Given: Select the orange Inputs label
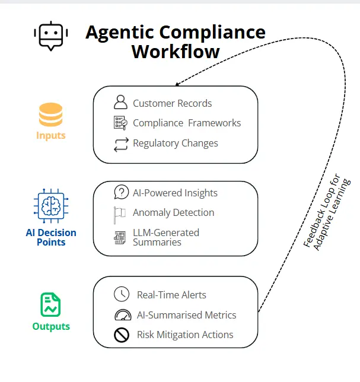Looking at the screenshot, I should point(51,136).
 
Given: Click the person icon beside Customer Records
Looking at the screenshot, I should point(120,103).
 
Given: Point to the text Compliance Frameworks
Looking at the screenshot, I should point(187,123).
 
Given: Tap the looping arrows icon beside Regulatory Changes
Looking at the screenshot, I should point(121,144).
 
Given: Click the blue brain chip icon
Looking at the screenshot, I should point(51,205).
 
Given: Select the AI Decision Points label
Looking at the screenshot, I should point(51,237).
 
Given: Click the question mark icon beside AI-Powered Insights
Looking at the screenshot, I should point(121,192).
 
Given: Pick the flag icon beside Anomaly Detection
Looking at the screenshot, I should point(120,213).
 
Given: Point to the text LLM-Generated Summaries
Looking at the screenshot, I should point(165,237).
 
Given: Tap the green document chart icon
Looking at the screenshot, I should point(51,305).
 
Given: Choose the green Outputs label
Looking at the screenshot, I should point(51,326).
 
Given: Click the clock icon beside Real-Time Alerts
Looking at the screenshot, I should point(121,294).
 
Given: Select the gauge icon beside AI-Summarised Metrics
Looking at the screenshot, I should point(122,315).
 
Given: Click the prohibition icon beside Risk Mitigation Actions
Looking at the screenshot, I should point(122,335).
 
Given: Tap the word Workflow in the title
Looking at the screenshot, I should point(176,52).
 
